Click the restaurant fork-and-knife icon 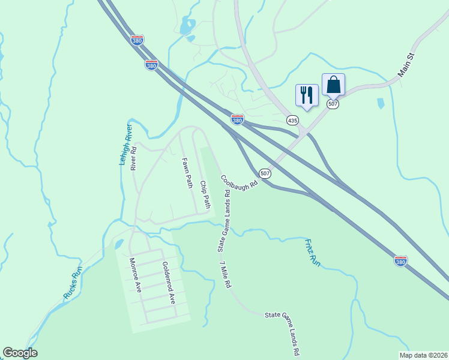[x=307, y=95]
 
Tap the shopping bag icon [x=333, y=85]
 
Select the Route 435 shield [x=292, y=121]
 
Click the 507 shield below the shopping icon [x=333, y=104]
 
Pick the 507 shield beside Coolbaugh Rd [x=265, y=173]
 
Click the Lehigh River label [x=125, y=145]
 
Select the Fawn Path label [x=187, y=173]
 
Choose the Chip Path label [x=205, y=194]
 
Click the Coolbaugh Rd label [x=238, y=182]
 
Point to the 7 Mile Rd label [x=225, y=275]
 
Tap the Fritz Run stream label [x=313, y=253]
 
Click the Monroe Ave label [x=135, y=275]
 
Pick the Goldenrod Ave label [x=167, y=282]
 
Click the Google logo [x=20, y=353]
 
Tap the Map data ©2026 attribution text [x=423, y=355]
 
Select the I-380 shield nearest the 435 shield [x=238, y=121]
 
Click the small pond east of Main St [x=381, y=103]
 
